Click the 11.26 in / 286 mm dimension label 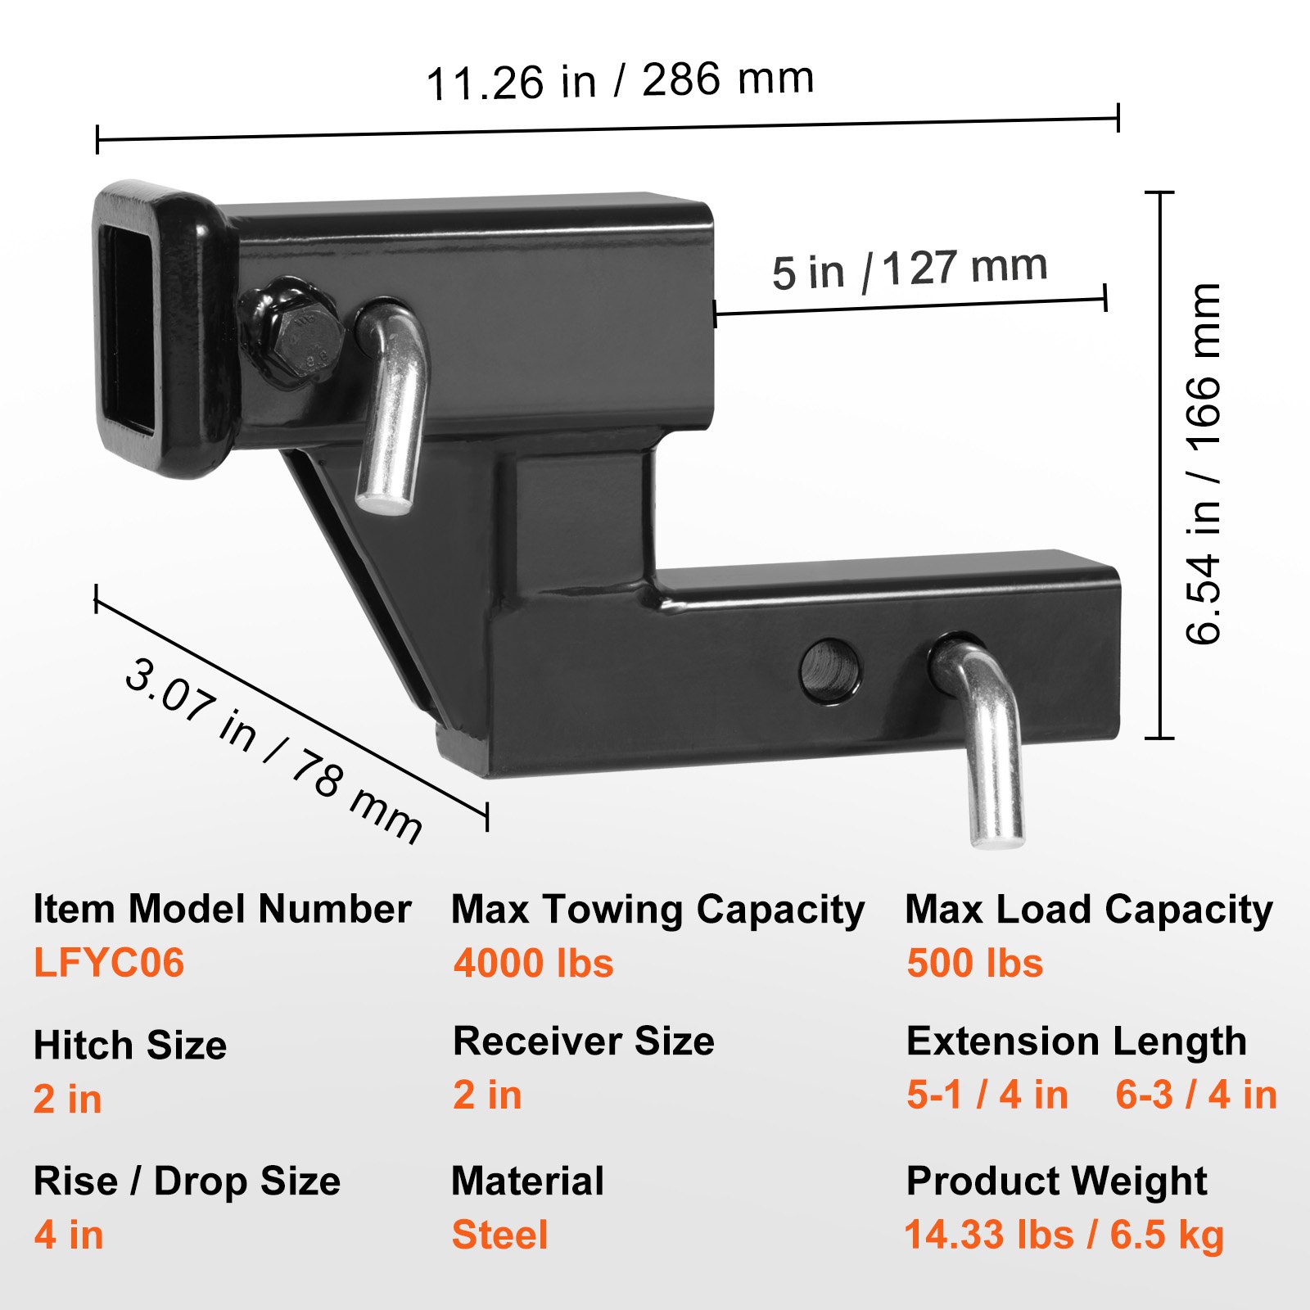click(x=620, y=80)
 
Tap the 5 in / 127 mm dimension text click(x=909, y=269)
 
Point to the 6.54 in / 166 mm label click(x=1204, y=463)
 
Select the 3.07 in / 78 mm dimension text click(x=273, y=750)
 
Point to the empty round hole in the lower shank click(x=831, y=670)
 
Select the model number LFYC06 click(x=109, y=962)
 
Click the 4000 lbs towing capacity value click(x=533, y=963)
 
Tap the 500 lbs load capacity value click(x=974, y=963)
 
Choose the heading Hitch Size click(x=130, y=1046)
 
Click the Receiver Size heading click(x=583, y=1041)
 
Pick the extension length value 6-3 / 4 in click(x=1195, y=1095)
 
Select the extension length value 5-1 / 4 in click(x=987, y=1095)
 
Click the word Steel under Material click(x=499, y=1235)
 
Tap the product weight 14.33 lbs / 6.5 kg click(x=1064, y=1235)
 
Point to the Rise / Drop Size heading click(x=187, y=1181)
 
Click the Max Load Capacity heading click(x=1088, y=910)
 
